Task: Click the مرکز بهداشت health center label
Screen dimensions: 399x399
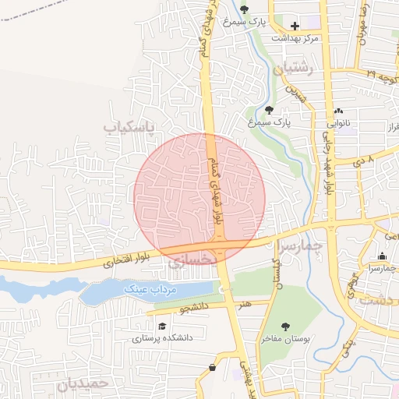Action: pyautogui.click(x=294, y=37)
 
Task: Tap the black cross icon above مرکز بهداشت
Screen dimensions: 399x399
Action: pyautogui.click(x=295, y=26)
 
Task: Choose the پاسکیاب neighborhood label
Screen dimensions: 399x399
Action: pyautogui.click(x=129, y=125)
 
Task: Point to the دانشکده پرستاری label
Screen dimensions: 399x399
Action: pyautogui.click(x=162, y=338)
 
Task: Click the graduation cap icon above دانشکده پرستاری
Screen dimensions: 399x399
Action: pyautogui.click(x=162, y=327)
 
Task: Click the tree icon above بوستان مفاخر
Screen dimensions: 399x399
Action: pyautogui.click(x=285, y=327)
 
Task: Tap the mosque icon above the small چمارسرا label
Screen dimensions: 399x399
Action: pyautogui.click(x=382, y=256)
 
